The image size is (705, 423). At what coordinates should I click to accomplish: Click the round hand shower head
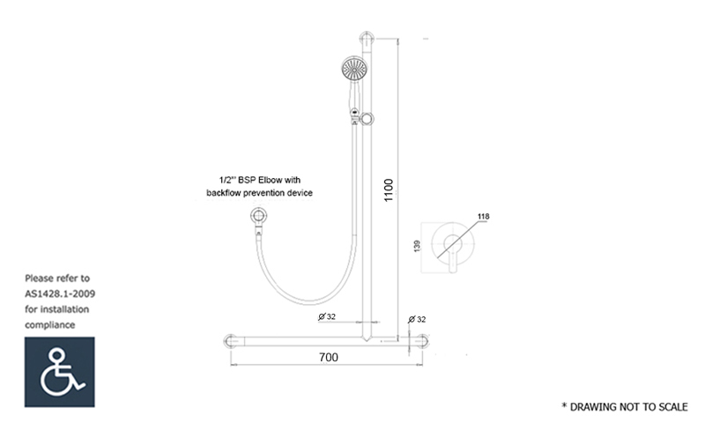(354, 69)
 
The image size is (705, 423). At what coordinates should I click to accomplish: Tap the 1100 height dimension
(389, 190)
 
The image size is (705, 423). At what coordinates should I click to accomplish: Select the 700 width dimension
(329, 358)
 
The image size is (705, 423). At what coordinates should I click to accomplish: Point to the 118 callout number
(483, 216)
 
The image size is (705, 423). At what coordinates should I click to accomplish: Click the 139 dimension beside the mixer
(417, 246)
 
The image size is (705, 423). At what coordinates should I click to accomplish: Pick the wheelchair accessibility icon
(60, 372)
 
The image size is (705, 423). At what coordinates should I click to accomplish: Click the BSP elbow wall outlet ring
(258, 216)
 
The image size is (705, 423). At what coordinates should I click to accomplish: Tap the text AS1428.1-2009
(60, 294)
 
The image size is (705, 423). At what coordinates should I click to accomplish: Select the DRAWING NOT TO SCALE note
(625, 407)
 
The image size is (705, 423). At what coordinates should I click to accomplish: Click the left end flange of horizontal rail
(230, 341)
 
